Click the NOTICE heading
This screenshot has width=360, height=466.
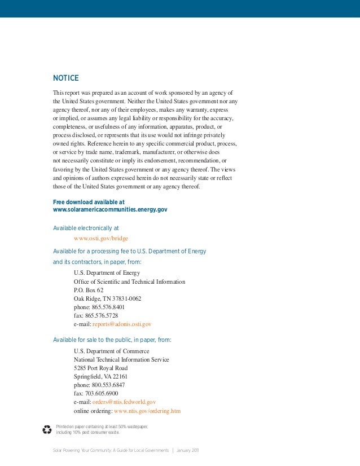pos(65,78)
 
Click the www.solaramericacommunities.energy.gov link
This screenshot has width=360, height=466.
pos(110,209)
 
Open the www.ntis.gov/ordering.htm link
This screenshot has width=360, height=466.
pos(147,411)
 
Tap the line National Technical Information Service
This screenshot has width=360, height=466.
pos(121,359)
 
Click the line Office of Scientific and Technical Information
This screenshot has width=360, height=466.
pos(129,282)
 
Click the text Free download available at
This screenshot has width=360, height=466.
pos(89,201)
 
